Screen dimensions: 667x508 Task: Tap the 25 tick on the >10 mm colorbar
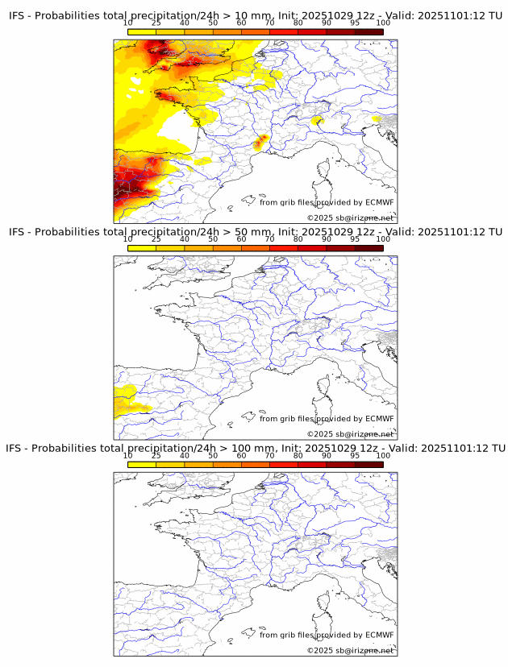click(x=156, y=24)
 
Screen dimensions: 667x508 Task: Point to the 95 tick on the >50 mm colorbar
click(x=355, y=239)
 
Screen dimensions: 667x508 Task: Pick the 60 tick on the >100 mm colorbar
click(x=241, y=455)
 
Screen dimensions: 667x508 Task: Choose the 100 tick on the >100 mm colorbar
click(x=382, y=455)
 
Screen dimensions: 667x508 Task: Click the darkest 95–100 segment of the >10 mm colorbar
click(x=369, y=31)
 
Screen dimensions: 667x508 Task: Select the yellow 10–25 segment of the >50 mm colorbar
click(x=142, y=248)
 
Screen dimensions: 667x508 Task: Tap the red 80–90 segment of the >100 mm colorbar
click(x=312, y=465)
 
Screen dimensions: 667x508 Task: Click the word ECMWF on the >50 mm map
click(x=380, y=419)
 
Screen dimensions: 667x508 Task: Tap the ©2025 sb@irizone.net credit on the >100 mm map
click(x=350, y=651)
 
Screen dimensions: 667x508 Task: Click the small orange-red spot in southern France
click(x=261, y=143)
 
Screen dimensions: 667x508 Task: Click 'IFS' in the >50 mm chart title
click(x=19, y=232)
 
